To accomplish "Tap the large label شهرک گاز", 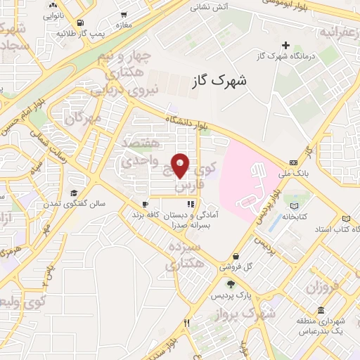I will tap(219, 81).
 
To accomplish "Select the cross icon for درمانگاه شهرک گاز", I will tap(285, 46).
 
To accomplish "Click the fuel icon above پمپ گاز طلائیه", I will tap(82, 22).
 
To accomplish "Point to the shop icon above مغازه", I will tap(124, 14).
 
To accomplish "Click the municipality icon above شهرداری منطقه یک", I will tap(321, 311).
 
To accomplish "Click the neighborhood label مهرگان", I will tap(82, 117).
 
